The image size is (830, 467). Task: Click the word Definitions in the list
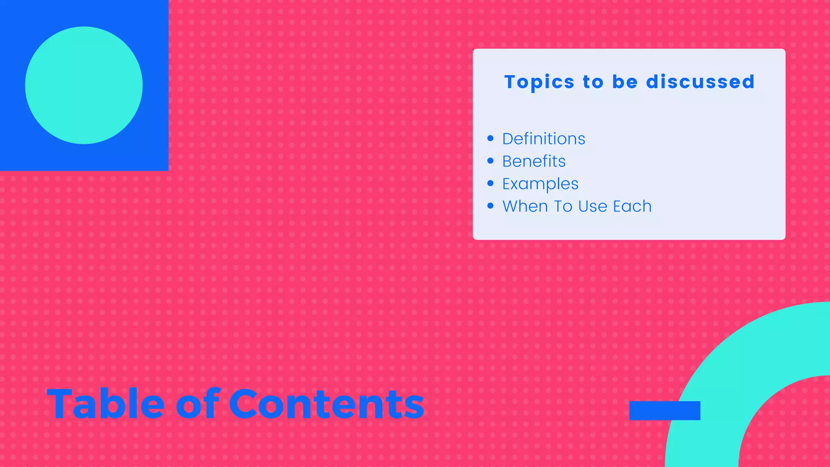543,139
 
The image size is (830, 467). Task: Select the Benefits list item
534,161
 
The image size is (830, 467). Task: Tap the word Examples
540,184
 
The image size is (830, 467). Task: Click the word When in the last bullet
525,206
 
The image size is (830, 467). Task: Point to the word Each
632,206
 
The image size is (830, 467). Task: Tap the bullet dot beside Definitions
490,139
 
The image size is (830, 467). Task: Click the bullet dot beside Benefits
490,161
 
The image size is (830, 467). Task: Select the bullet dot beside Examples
490,183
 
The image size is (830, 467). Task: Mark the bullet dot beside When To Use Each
490,206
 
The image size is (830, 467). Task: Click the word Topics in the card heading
539,82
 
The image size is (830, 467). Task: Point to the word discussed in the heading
700,82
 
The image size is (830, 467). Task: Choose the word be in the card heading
625,82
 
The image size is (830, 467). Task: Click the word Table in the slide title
105,404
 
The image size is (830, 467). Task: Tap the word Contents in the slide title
327,404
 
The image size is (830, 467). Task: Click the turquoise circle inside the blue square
84,85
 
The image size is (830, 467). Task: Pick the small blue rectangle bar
665,411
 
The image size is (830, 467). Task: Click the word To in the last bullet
563,206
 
